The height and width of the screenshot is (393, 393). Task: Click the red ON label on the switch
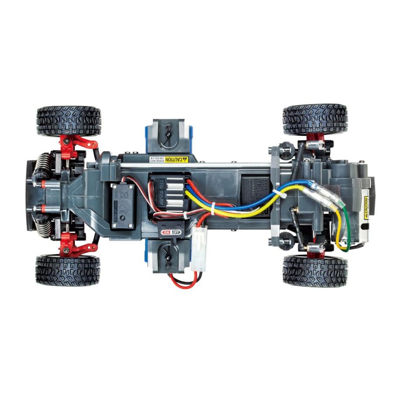(166, 232)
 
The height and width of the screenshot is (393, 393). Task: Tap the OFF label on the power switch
(176, 232)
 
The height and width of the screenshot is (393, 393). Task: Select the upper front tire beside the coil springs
(69, 121)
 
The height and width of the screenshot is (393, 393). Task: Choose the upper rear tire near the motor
(315, 119)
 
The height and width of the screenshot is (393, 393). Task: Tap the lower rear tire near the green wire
(315, 271)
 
